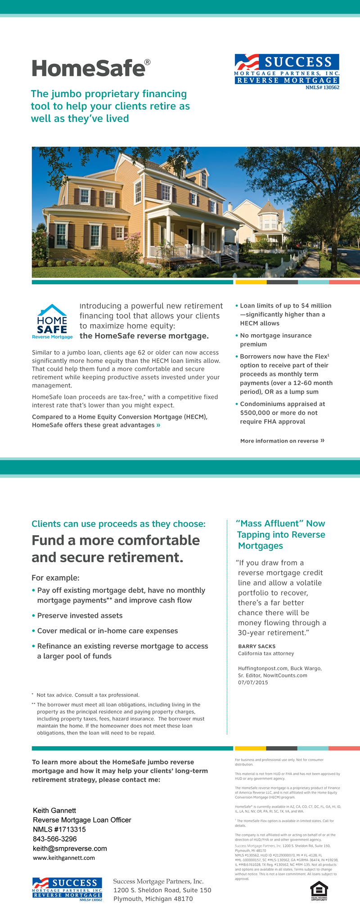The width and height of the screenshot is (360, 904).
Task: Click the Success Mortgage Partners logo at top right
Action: tap(287, 72)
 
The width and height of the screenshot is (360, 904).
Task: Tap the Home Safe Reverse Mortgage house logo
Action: tap(52, 321)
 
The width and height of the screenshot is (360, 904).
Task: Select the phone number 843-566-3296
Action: tap(55, 839)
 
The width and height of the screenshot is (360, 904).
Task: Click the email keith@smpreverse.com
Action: tap(70, 848)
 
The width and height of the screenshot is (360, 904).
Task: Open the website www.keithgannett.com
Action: tap(64, 858)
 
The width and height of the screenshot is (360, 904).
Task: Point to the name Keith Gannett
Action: tap(54, 810)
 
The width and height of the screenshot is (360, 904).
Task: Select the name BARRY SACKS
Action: tap(256, 646)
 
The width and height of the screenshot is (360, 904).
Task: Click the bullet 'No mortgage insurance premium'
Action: tap(275, 340)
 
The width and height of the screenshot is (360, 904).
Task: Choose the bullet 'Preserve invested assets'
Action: tap(80, 615)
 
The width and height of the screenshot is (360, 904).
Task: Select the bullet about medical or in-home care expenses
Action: tap(107, 631)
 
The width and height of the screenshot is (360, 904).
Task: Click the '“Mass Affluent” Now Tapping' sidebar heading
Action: tap(281, 534)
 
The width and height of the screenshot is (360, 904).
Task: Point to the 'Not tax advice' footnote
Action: tap(88, 695)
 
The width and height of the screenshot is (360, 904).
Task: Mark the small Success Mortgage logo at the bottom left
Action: tap(67, 889)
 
